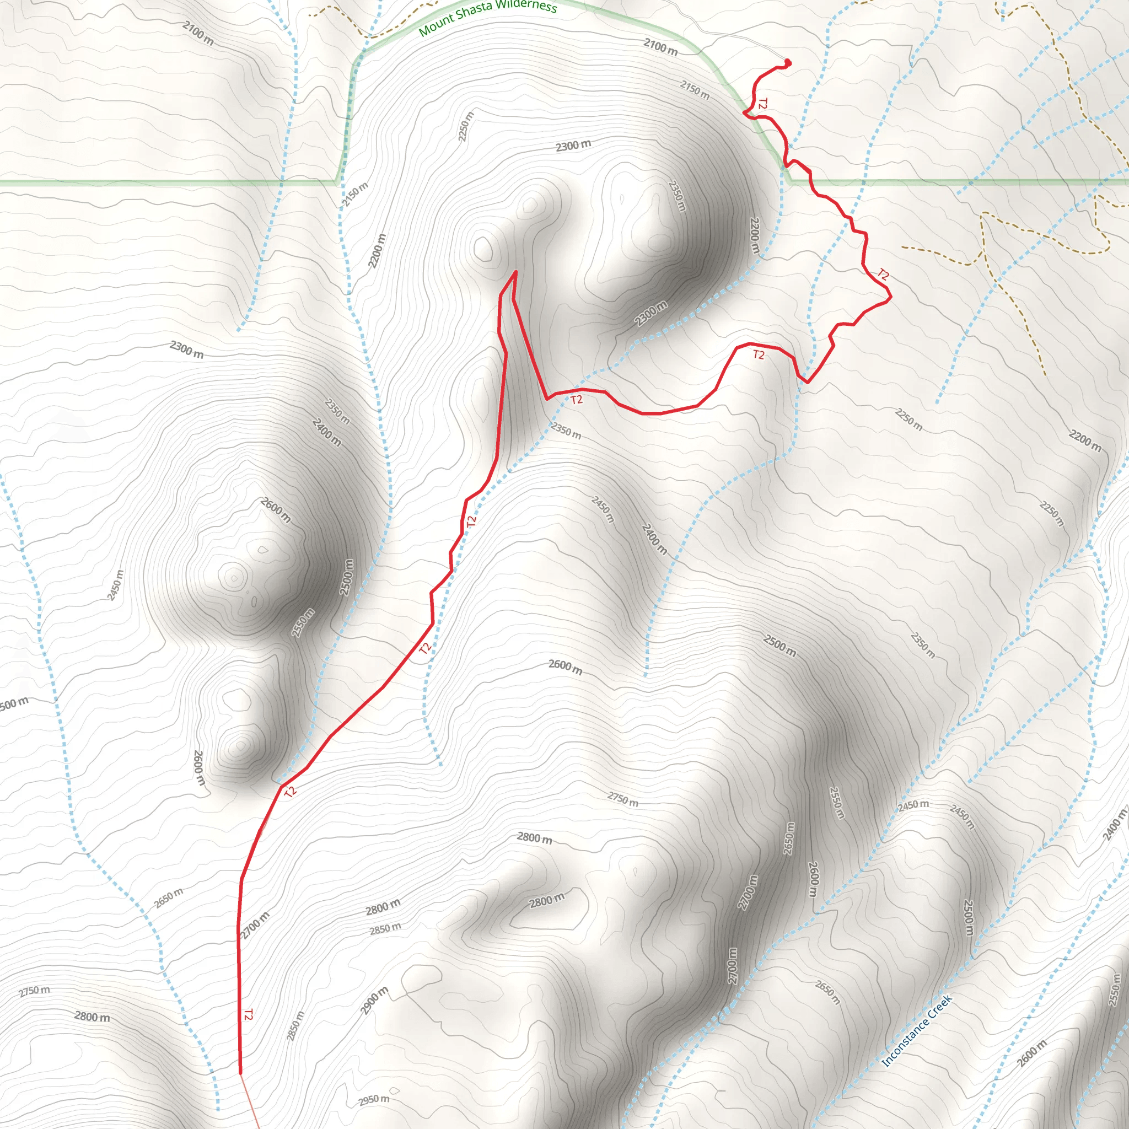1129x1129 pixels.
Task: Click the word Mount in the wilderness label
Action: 437,25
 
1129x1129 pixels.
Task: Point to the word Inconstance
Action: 905,1037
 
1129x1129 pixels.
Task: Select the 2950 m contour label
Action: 373,1100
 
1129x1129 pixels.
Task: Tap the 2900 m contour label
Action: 374,1001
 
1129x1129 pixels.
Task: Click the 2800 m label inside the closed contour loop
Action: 547,901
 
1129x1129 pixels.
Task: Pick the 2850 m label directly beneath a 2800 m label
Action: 385,928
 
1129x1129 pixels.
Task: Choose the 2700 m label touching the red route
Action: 255,925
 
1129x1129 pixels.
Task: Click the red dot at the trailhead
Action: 787,62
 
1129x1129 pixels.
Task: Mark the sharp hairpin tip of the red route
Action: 515,272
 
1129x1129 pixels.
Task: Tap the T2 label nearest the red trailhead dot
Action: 762,104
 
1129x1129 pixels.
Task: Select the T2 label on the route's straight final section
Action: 248,1015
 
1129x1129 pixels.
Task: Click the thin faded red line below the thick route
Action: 250,1102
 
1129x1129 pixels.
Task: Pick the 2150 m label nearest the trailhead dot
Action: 695,90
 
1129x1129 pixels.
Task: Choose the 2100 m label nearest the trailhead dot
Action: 660,47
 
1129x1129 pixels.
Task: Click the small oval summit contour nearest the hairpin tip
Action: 483,249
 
